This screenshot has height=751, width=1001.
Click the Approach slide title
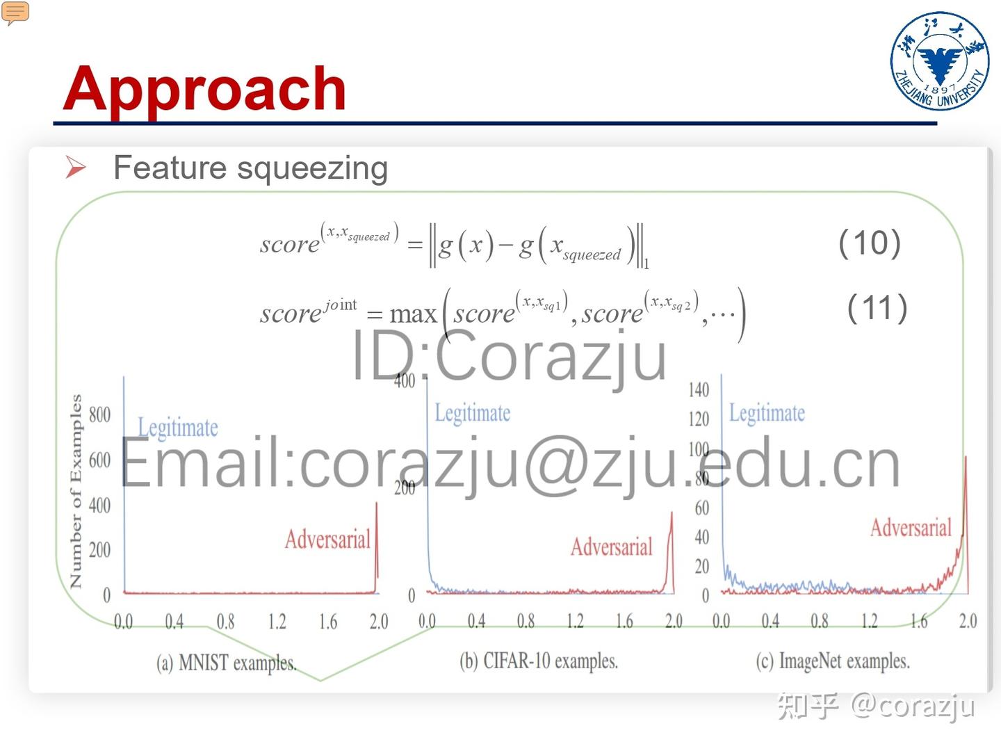coord(204,88)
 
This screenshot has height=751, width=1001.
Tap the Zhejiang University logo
coord(940,61)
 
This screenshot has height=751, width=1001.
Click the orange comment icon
coord(15,13)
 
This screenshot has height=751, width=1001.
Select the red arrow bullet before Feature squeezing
coord(75,167)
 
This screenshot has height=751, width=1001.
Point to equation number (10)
coord(869,243)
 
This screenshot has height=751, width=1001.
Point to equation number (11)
coord(877,307)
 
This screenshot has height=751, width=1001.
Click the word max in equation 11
coord(413,314)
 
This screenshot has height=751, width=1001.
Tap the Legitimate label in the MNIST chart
coord(178,427)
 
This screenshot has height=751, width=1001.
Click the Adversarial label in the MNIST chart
coord(327,539)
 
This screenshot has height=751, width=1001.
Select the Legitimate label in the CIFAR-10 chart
coord(473,413)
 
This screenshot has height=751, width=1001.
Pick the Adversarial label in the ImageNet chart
coord(911,528)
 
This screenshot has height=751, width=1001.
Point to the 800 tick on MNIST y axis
coord(99,414)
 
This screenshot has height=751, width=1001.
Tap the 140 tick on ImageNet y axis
coord(699,389)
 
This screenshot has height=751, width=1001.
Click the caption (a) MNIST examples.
coord(227,663)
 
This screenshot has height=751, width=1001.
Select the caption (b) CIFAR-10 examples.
coord(539,661)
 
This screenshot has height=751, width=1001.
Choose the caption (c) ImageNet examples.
coord(833,661)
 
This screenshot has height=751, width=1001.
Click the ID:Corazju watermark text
coord(509,356)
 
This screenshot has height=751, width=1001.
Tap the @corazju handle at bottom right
coord(913,705)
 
